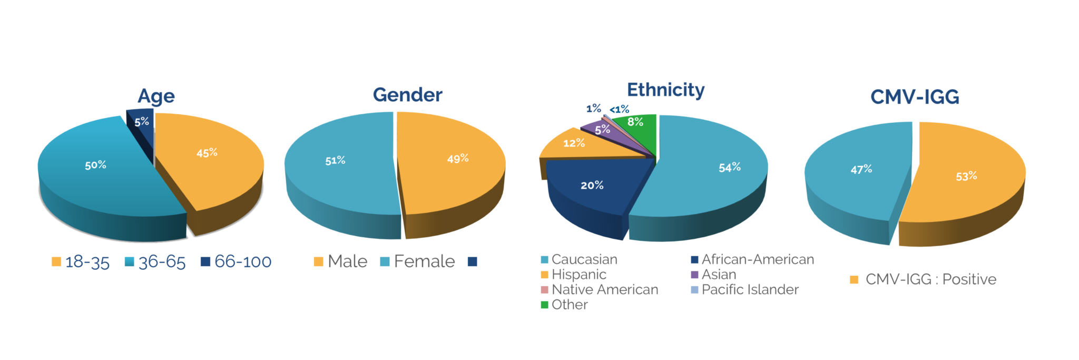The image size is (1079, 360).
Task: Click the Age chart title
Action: tap(156, 96)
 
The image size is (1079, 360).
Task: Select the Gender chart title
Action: tap(407, 95)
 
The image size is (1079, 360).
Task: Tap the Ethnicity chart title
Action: tap(665, 90)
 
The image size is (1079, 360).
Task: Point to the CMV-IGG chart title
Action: tap(914, 97)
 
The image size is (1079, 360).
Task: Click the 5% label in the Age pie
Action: tap(141, 122)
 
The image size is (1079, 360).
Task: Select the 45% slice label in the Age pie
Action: tap(207, 153)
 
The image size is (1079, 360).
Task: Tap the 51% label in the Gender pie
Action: tap(335, 160)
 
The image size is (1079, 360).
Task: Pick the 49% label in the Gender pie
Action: tap(458, 159)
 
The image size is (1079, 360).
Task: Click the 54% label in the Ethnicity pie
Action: tap(730, 168)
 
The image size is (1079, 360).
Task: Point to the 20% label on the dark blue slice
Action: tap(592, 186)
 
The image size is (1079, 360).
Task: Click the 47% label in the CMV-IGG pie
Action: tap(861, 170)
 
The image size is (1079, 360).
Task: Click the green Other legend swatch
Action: tap(545, 305)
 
